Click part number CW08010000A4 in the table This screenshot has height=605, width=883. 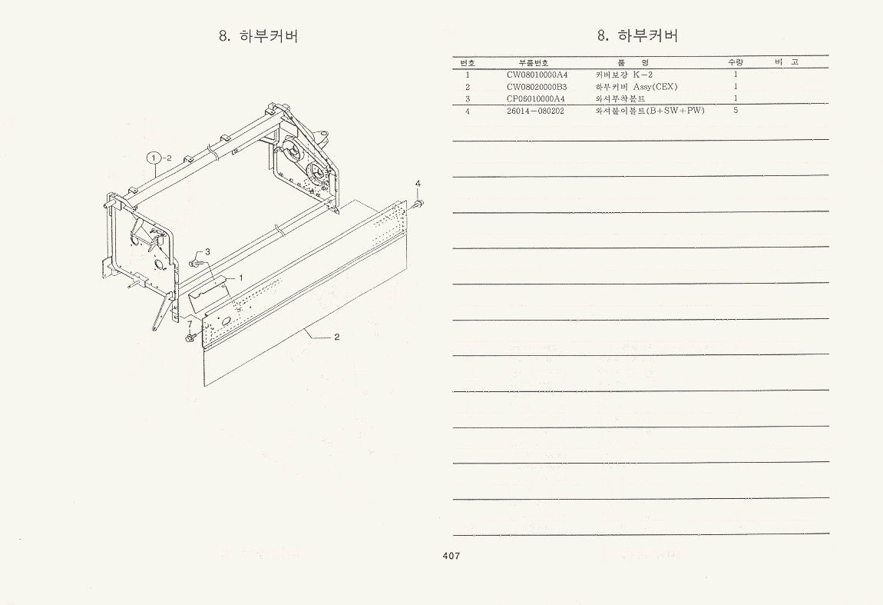point(537,75)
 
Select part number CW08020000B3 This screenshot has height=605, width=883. point(537,87)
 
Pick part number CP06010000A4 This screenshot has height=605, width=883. point(535,98)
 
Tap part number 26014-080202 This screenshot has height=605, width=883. point(535,111)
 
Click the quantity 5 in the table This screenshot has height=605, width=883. point(736,111)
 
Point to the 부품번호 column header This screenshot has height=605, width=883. point(534,62)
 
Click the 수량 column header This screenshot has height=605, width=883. point(736,62)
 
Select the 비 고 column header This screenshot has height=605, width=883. point(787,62)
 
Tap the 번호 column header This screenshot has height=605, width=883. point(468,62)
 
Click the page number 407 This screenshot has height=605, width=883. point(451,556)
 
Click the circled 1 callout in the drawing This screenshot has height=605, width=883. point(154,158)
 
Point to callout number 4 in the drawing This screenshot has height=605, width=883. point(418,183)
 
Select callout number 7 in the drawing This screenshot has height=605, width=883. point(190,324)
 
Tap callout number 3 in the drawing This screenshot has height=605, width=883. point(207,251)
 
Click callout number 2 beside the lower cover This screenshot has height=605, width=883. point(337,337)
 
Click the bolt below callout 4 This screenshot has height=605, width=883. point(418,203)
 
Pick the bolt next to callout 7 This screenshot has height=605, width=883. point(190,337)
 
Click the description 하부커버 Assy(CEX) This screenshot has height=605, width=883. point(637,87)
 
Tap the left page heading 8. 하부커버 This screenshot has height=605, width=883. point(259,36)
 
